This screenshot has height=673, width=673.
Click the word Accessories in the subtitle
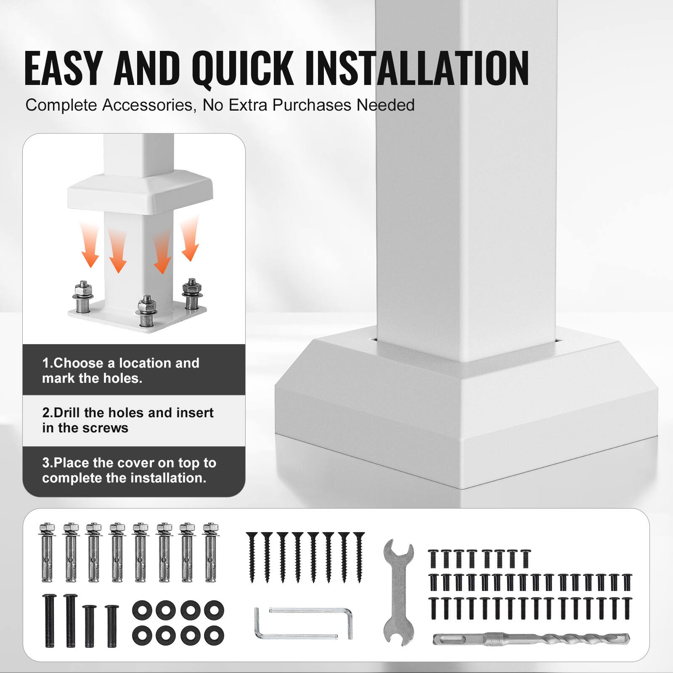tap(149, 105)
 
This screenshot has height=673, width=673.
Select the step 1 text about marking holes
tap(121, 371)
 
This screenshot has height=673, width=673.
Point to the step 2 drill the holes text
tap(127, 420)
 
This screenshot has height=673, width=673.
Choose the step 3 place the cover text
tap(129, 470)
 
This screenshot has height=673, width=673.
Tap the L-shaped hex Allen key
tap(303, 623)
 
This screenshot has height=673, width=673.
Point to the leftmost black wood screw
tap(252, 557)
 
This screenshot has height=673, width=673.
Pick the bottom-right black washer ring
tap(214, 635)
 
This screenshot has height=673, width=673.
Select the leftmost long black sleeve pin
tap(49, 620)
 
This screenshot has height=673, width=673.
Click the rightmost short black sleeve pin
tap(112, 625)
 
